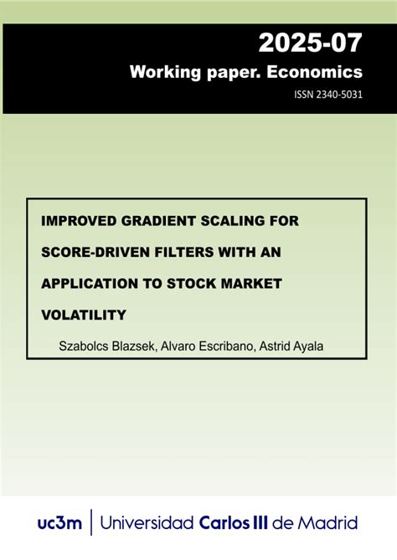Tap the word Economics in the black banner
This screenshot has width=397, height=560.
(320, 72)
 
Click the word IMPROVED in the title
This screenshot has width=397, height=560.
(79, 221)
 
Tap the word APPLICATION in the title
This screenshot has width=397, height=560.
(89, 284)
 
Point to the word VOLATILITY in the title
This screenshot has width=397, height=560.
(84, 315)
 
